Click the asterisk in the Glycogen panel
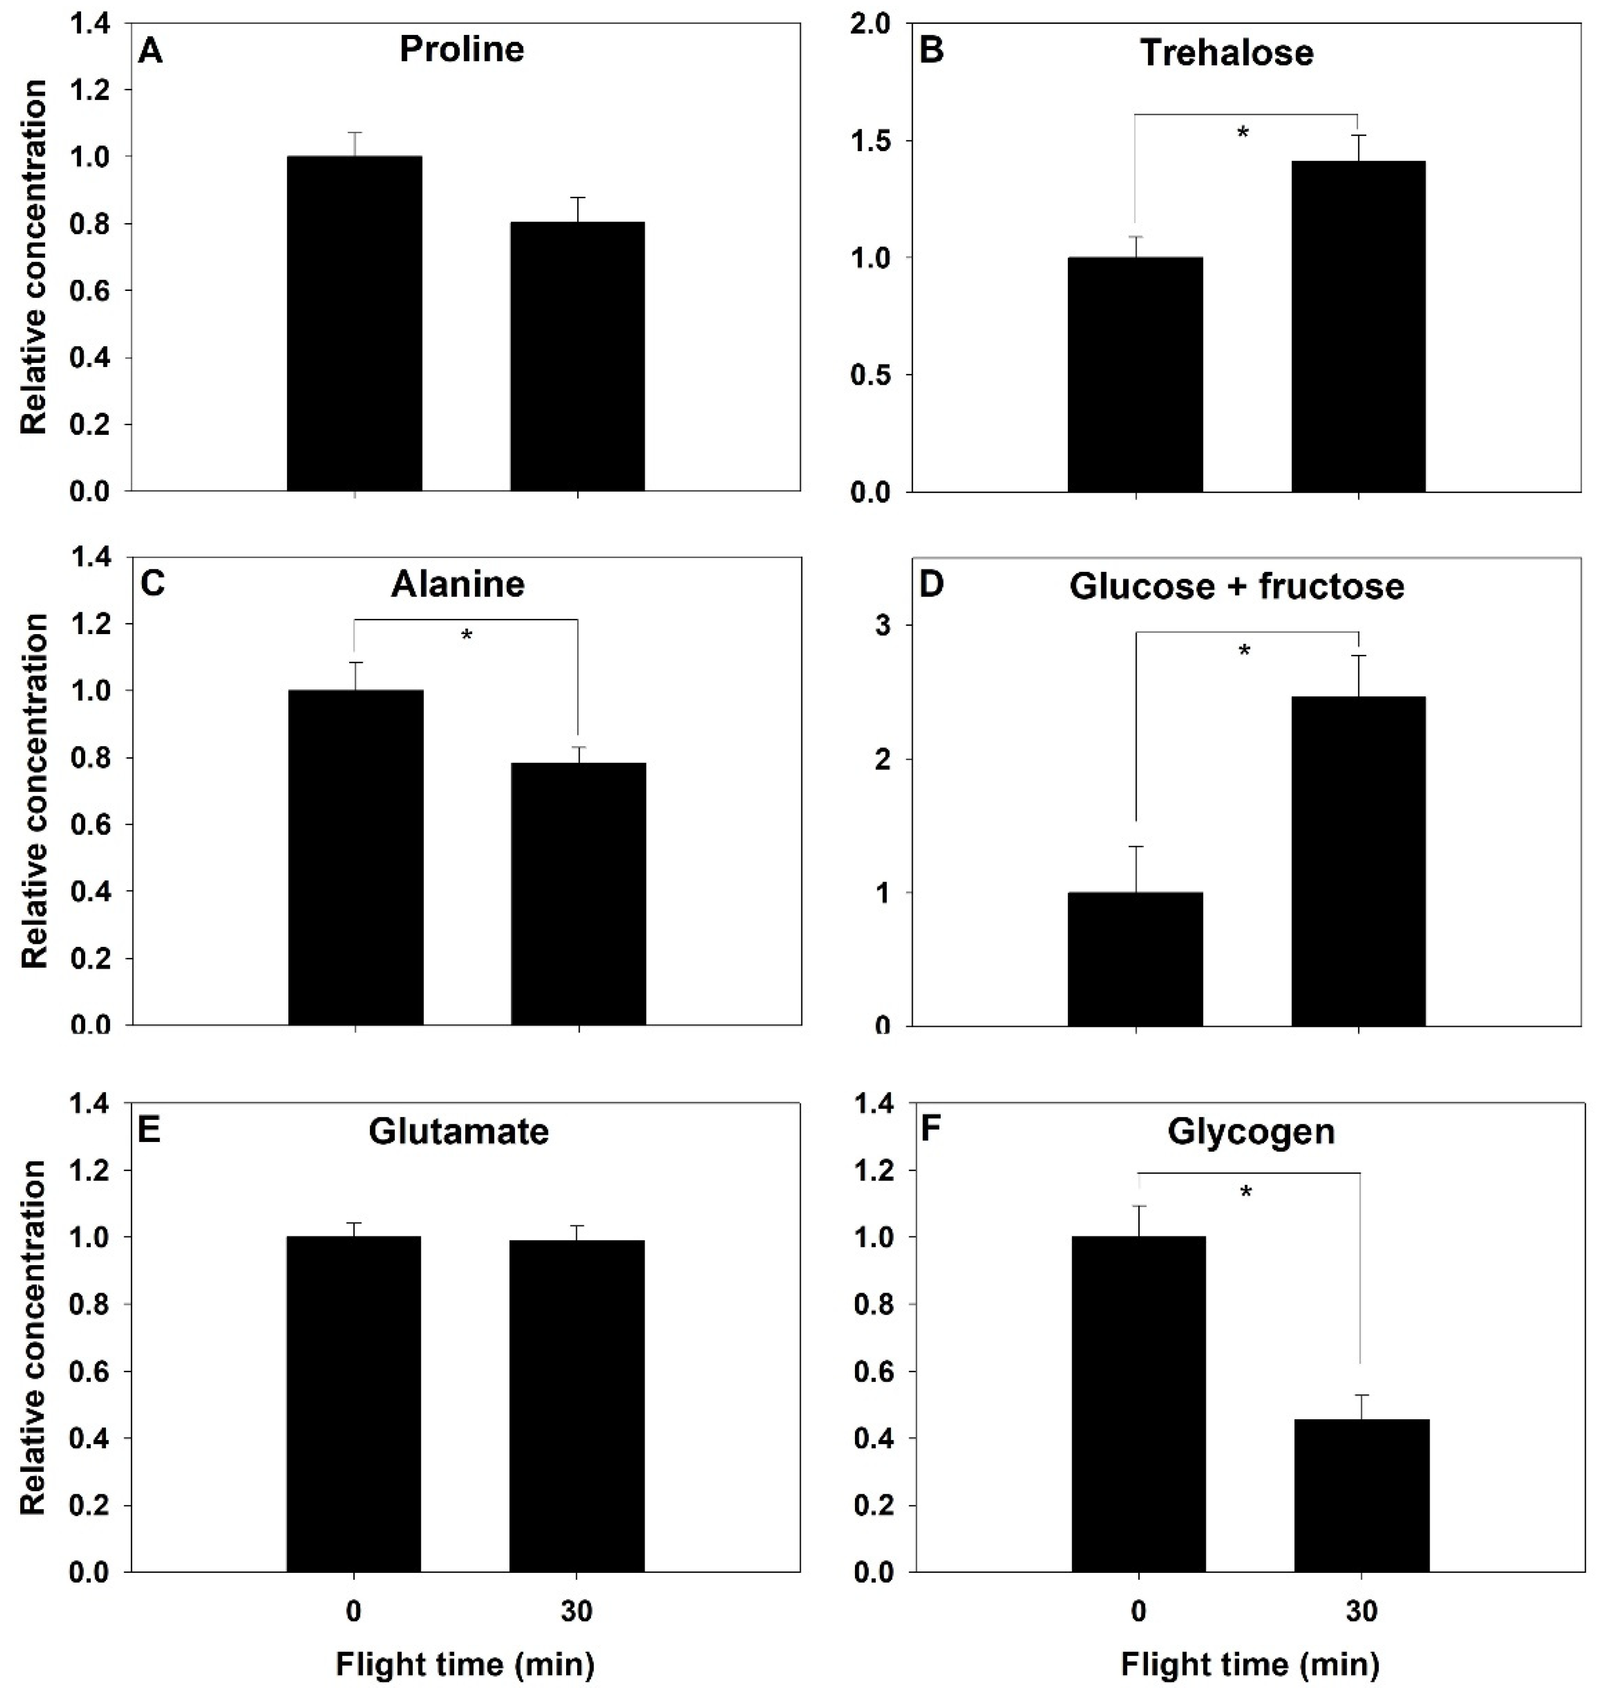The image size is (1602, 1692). pyautogui.click(x=1246, y=1192)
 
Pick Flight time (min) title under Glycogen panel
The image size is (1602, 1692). pyautogui.click(x=1249, y=1664)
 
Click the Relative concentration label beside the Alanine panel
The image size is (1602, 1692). pyautogui.click(x=34, y=790)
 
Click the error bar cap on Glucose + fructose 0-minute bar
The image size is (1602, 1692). pyautogui.click(x=1136, y=847)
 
